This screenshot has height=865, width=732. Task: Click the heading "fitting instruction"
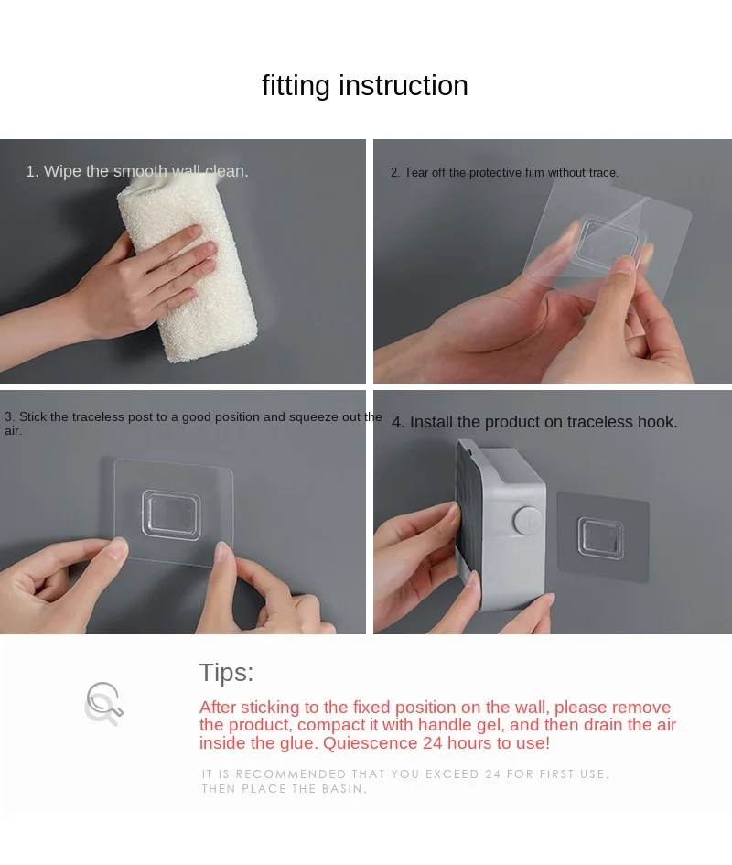(x=364, y=86)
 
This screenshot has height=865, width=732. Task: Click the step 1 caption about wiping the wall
(x=137, y=171)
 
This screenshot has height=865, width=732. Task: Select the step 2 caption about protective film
(x=504, y=173)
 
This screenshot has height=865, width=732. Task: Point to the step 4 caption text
(x=534, y=422)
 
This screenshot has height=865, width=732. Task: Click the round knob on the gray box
(x=528, y=520)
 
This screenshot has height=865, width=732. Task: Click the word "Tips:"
(x=226, y=673)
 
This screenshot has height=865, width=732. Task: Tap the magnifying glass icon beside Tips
(x=103, y=703)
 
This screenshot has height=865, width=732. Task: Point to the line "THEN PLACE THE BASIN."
(x=284, y=789)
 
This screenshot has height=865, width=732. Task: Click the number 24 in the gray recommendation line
(x=493, y=774)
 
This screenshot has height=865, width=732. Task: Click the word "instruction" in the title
(x=404, y=86)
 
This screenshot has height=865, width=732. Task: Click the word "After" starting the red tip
(x=218, y=708)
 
